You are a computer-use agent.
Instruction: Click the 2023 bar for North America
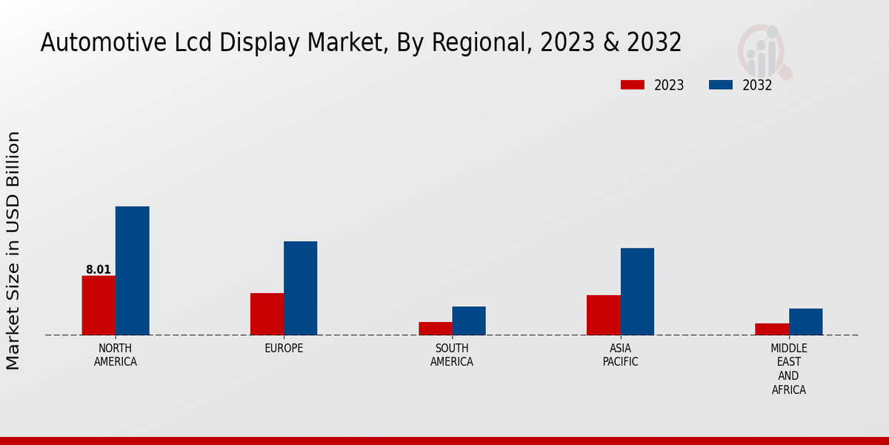(99, 305)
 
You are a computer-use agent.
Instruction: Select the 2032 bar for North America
(132, 271)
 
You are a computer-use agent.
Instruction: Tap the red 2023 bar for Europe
(267, 314)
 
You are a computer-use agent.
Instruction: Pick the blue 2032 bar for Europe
(300, 288)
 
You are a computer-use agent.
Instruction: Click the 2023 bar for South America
(435, 328)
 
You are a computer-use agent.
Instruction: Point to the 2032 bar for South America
(469, 320)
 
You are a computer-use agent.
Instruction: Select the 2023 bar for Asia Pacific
(603, 314)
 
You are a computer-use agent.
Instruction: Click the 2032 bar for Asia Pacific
(637, 291)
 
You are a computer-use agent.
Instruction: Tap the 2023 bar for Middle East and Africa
(772, 329)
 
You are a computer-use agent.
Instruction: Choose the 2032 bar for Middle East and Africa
(805, 321)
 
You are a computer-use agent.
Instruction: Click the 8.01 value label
(98, 270)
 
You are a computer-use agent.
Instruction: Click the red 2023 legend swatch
(632, 85)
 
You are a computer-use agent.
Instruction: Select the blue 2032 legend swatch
(720, 85)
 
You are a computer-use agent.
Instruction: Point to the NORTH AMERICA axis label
(115, 355)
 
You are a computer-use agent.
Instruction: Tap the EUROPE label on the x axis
(284, 349)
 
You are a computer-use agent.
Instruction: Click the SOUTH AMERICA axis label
(452, 355)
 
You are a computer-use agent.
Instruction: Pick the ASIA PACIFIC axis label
(620, 355)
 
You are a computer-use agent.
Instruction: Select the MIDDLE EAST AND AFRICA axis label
(788, 369)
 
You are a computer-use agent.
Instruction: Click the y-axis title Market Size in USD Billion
(13, 250)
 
